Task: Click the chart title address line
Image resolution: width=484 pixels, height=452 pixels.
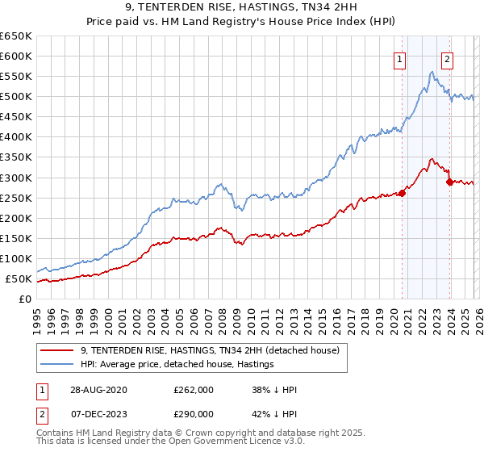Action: point(241,7)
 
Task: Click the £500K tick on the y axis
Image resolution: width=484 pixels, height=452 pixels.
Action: point(16,97)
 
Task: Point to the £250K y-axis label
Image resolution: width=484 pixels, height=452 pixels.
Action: point(16,198)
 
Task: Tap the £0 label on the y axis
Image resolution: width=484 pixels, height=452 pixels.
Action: point(25,299)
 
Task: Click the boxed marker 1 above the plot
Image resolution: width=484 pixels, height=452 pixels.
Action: point(400,58)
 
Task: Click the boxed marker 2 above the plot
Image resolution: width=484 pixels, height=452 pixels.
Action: point(447,58)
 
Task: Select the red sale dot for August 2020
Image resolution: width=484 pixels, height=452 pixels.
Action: point(402,192)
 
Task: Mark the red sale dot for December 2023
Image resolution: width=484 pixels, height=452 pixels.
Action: point(449,182)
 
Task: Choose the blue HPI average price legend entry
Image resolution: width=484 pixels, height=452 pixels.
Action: point(177,365)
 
